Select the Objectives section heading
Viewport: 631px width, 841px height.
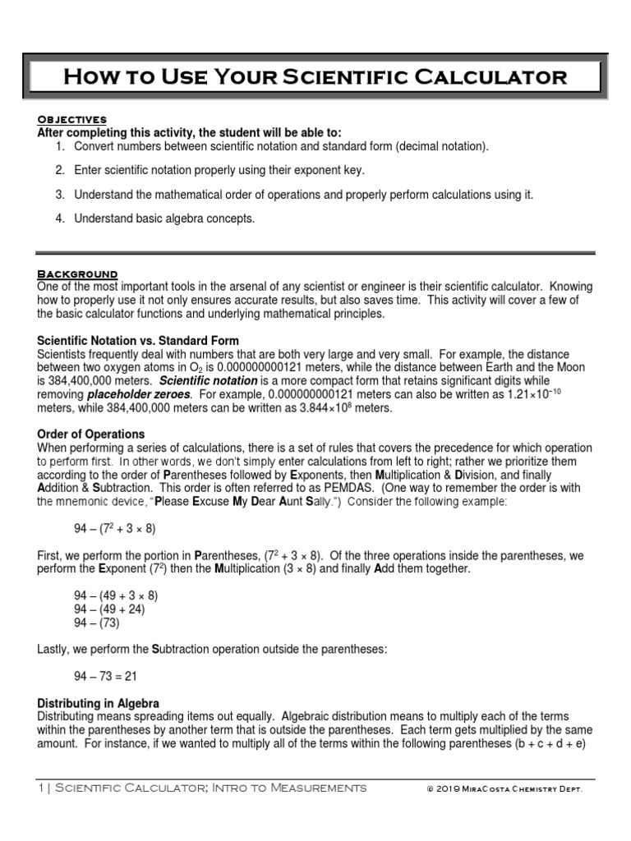point(72,120)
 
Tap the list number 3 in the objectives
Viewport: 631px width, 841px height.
point(60,195)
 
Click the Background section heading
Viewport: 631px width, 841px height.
point(78,273)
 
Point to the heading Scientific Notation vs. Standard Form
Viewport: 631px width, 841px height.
point(138,340)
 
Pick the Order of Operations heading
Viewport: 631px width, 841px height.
point(91,434)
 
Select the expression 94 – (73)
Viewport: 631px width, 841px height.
point(97,623)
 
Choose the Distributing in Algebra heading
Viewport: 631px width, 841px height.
point(99,703)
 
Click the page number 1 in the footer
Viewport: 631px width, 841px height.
point(41,788)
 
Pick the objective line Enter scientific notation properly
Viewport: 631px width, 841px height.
point(219,171)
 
